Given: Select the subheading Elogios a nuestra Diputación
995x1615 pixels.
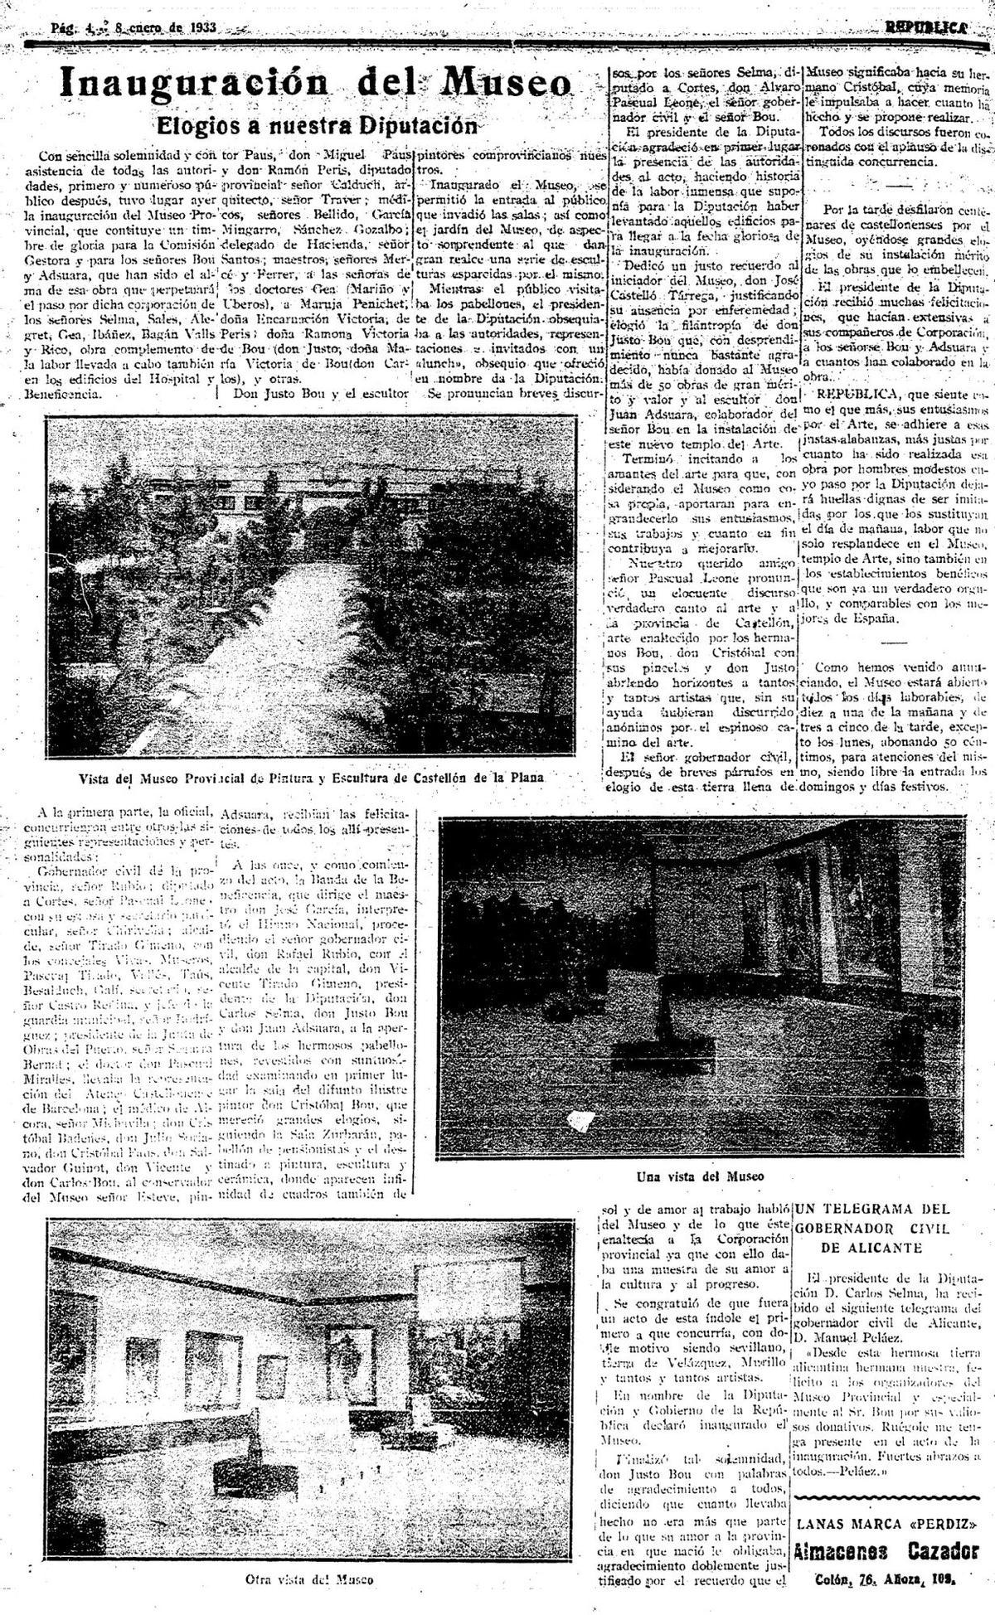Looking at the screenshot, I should [318, 125].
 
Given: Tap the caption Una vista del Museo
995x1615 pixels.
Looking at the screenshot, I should [700, 1175].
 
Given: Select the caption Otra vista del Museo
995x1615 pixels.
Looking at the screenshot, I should [309, 1579].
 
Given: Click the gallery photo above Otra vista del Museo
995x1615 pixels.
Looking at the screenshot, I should [309, 1375].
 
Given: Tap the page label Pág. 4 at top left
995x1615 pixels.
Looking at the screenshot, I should [75, 27].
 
